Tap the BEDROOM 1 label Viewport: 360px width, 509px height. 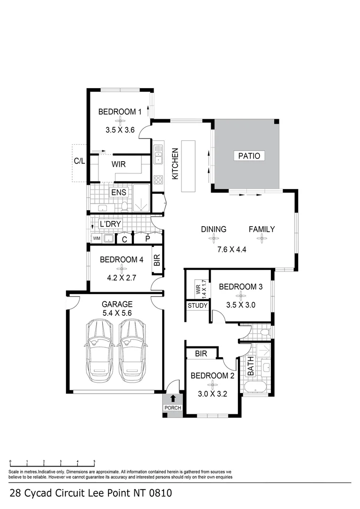tap(120, 112)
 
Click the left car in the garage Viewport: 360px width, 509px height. tap(98, 351)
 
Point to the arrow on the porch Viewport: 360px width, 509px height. tap(173, 399)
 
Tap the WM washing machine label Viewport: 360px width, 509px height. tap(96, 238)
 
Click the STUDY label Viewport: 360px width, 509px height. tap(197, 305)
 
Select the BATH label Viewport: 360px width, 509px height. tap(251, 367)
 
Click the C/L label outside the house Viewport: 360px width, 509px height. tap(79, 161)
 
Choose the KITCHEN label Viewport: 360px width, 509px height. tap(175, 164)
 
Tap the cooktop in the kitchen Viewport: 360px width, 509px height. tap(158, 179)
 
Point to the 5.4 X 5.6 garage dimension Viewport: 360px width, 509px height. tap(115, 312)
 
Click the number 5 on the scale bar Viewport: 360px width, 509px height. tap(94, 462)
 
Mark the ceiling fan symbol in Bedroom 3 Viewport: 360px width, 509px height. tap(241, 296)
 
